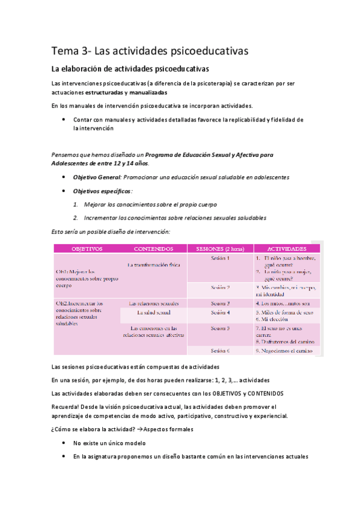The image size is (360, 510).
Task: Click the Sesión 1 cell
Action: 221,258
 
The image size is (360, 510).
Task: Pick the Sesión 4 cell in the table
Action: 221,313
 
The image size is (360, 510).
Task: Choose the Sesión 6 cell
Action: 221,350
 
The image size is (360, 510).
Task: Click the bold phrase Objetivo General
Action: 96,177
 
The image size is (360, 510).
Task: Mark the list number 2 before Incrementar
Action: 76,218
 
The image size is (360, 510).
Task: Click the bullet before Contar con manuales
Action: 64,120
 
